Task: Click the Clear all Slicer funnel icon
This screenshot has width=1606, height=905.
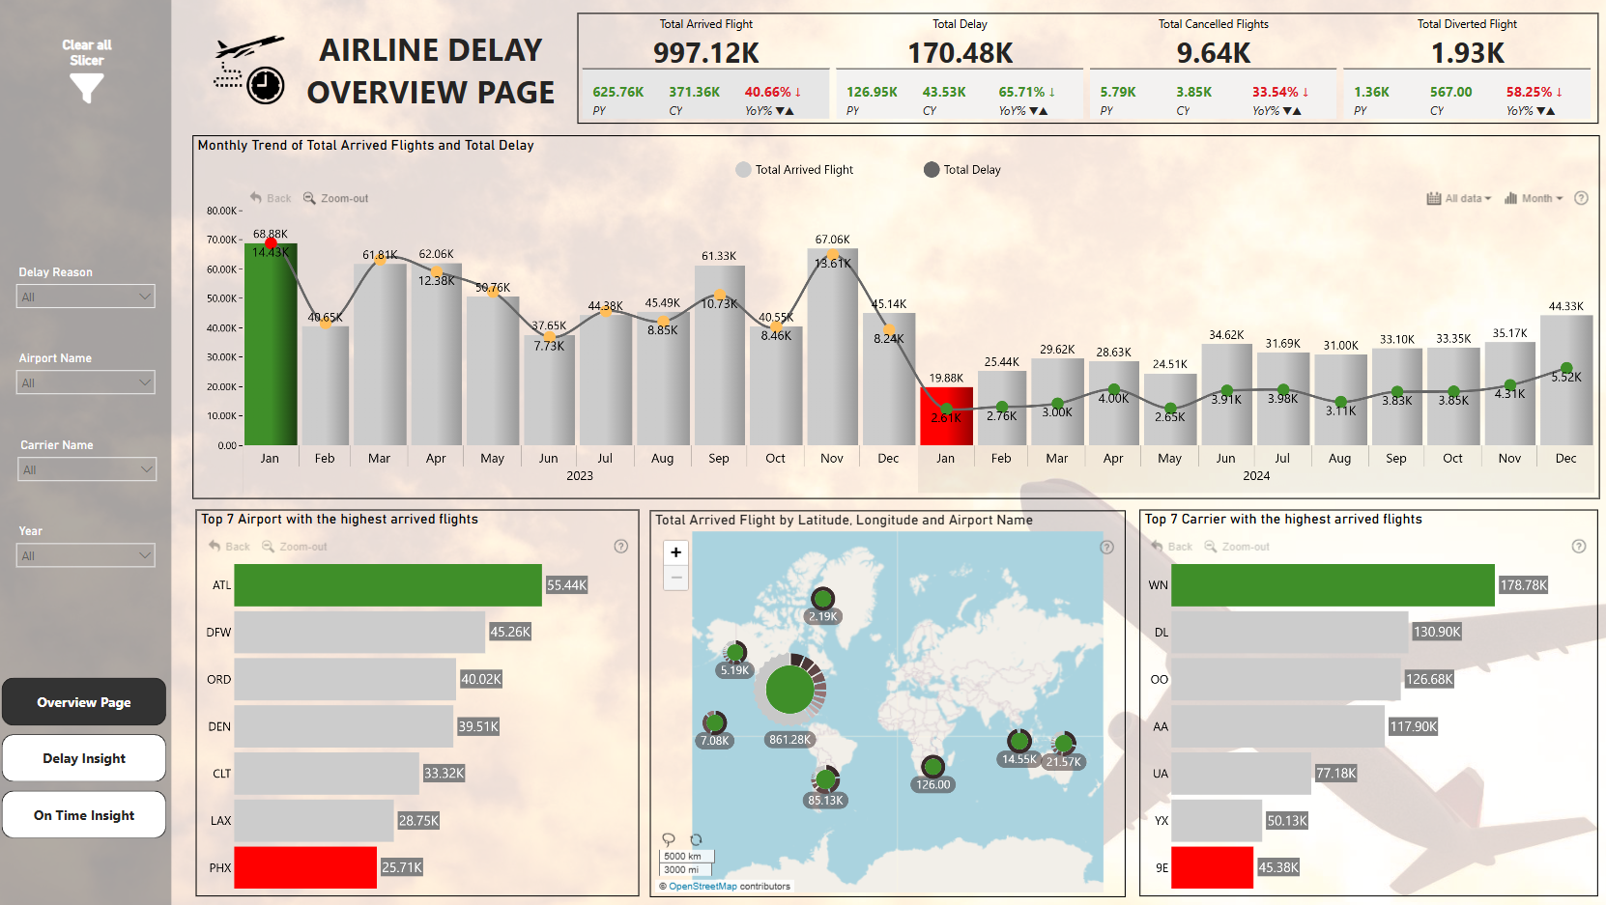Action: pyautogui.click(x=86, y=88)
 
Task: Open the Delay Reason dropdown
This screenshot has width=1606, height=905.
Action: pyautogui.click(x=86, y=297)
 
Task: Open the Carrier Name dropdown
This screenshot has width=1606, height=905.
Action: pyautogui.click(x=86, y=469)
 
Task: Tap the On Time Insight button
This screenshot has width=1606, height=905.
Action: pyautogui.click(x=84, y=815)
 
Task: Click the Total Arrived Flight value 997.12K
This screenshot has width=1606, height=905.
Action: pyautogui.click(x=705, y=53)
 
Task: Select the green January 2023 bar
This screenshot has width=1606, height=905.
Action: pyautogui.click(x=271, y=348)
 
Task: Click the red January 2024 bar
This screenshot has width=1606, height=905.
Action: pyautogui.click(x=946, y=417)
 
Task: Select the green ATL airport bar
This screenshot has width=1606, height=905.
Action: pyautogui.click(x=387, y=585)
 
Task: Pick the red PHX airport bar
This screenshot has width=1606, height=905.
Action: pyautogui.click(x=305, y=867)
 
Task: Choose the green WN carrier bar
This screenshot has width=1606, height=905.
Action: pyautogui.click(x=1333, y=585)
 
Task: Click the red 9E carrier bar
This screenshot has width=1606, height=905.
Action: pyautogui.click(x=1212, y=867)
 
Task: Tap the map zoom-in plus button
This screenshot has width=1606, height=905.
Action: pyautogui.click(x=676, y=552)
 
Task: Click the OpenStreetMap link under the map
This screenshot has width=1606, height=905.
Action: pyautogui.click(x=703, y=887)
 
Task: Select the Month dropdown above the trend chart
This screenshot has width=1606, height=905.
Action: pyautogui.click(x=1534, y=199)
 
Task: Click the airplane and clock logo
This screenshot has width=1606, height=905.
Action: pyautogui.click(x=248, y=70)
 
